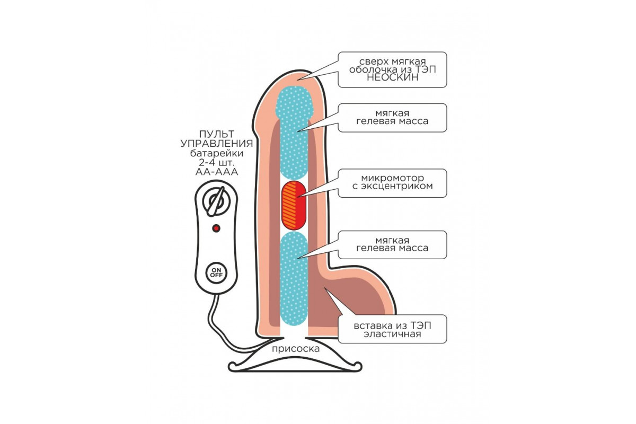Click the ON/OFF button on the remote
click(x=216, y=273)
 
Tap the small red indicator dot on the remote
click(x=216, y=228)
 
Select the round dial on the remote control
click(x=216, y=201)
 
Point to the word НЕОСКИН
click(x=392, y=77)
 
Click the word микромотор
click(x=392, y=176)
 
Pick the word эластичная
click(x=392, y=334)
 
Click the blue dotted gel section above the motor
click(x=297, y=138)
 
